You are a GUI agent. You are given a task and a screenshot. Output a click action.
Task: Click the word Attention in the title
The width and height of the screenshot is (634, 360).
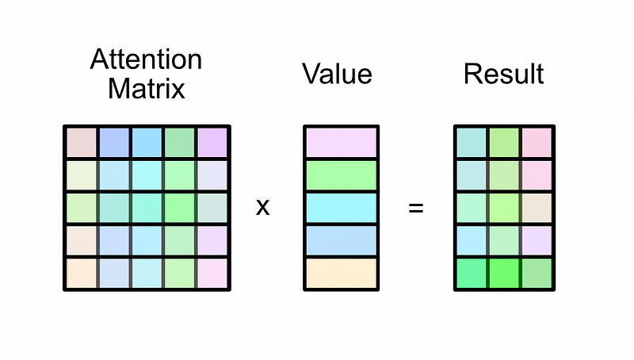pos(146,59)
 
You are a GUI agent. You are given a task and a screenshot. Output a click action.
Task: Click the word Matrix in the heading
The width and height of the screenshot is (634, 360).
pos(146,87)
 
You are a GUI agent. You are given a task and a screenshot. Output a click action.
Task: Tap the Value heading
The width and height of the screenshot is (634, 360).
pos(337,74)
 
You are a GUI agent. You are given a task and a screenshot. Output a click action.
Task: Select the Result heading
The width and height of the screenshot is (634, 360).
pos(503,74)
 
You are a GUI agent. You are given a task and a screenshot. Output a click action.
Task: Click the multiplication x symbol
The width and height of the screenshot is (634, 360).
pos(263,209)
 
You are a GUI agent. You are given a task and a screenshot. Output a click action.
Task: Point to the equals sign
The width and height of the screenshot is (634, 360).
pos(415,209)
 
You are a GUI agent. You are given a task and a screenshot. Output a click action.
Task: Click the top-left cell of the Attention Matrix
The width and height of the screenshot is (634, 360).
pos(81,142)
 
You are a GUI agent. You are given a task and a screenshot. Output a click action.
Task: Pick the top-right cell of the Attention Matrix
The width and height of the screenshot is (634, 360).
pos(212,142)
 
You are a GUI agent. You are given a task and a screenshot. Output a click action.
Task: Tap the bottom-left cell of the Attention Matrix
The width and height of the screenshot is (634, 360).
pos(81,274)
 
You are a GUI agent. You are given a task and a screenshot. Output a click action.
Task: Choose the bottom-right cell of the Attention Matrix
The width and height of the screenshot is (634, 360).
pos(212,274)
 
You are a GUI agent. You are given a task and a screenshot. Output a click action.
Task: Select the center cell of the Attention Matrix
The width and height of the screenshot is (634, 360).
pos(147,208)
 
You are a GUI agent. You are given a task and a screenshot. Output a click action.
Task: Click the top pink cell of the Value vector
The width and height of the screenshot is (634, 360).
pos(339,142)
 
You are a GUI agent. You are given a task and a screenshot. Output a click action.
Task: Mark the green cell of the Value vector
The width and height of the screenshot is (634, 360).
pos(339,175)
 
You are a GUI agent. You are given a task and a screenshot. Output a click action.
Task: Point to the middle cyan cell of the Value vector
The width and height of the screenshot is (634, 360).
pos(339,208)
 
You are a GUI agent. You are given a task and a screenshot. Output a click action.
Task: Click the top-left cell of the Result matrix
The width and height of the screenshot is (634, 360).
pos(471,142)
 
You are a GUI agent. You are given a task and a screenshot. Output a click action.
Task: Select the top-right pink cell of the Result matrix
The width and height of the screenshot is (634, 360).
pos(537,142)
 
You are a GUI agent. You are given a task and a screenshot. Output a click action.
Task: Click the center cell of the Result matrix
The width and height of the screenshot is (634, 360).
pos(503,208)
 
